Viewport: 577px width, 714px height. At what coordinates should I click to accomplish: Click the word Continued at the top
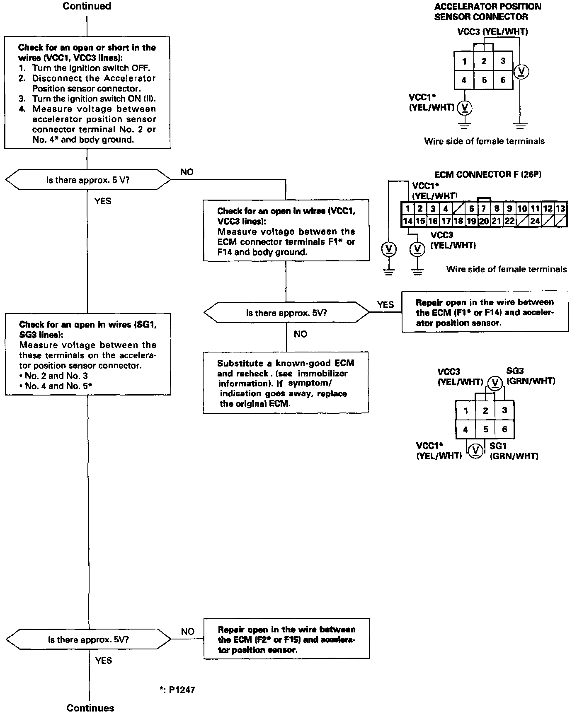[x=87, y=6]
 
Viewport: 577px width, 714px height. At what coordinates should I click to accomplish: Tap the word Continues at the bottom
[x=90, y=707]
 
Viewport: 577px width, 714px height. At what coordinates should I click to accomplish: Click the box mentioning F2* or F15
[x=286, y=639]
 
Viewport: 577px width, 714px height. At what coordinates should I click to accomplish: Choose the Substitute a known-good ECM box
[x=286, y=383]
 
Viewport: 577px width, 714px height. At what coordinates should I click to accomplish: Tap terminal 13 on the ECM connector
[x=560, y=209]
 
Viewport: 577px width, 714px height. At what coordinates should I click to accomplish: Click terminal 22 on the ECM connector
[x=509, y=221]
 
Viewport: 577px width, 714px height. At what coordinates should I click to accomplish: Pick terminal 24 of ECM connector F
[x=535, y=221]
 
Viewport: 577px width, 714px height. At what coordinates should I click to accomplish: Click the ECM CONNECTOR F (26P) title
[x=488, y=174]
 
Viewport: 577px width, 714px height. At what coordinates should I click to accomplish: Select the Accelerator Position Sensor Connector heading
[x=487, y=12]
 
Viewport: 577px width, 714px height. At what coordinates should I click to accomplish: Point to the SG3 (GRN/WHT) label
[x=531, y=376]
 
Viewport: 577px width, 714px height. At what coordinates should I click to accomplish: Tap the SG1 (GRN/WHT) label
[x=514, y=451]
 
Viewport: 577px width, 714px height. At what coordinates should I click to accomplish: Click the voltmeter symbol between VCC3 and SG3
[x=494, y=382]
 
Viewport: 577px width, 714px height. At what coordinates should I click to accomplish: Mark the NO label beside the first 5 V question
[x=187, y=172]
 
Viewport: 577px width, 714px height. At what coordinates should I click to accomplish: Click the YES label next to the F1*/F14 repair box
[x=385, y=304]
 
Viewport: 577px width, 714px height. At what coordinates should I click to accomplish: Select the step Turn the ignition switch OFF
[x=91, y=68]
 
